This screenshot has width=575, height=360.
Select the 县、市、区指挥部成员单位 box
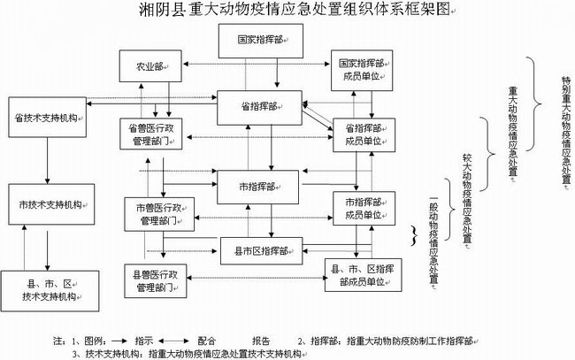(x=362, y=273)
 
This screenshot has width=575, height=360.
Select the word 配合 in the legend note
(x=206, y=340)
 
